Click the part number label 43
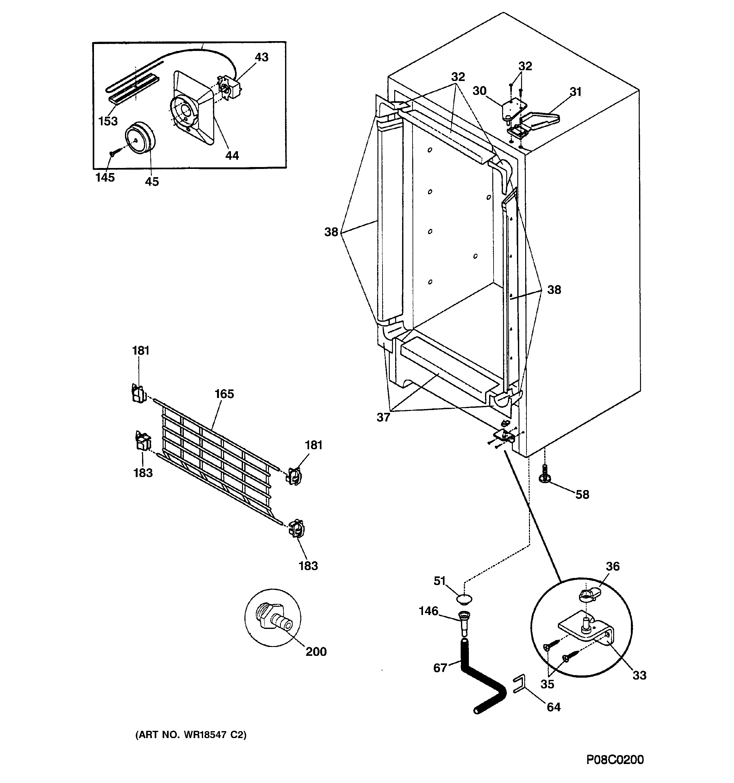(261, 58)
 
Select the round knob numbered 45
(140, 137)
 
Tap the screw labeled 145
(112, 154)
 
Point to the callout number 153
(108, 121)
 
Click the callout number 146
(428, 611)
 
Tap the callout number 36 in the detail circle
(613, 566)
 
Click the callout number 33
(639, 675)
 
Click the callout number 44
(232, 156)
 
